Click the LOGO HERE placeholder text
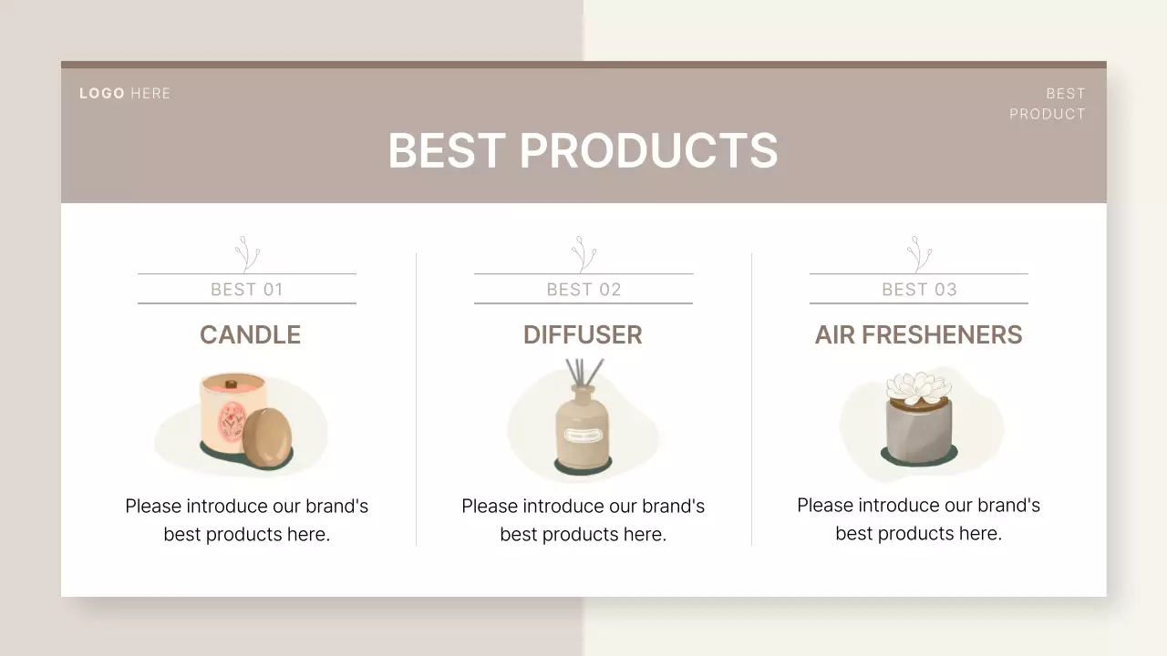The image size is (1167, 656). pos(125,93)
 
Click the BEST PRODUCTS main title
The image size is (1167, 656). pos(583,150)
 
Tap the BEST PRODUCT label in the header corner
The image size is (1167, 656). pos(1048,103)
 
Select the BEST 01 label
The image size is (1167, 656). pos(247,290)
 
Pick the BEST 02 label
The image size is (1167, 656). pos(583,290)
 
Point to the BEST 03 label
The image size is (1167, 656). pos(919,290)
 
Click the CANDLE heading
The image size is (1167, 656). pos(250,334)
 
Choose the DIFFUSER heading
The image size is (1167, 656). pos(583,334)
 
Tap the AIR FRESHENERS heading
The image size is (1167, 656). pos(918,334)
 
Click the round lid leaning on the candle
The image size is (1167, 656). pos(268,437)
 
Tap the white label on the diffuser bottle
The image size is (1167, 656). pos(583,436)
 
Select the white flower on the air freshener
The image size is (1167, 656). pos(918,386)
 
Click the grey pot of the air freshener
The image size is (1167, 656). pos(918,428)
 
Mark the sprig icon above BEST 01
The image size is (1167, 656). pos(246,253)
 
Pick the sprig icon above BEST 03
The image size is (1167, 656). pos(918,253)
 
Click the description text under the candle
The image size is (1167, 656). pos(247,519)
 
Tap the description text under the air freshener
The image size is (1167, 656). pos(918,518)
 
